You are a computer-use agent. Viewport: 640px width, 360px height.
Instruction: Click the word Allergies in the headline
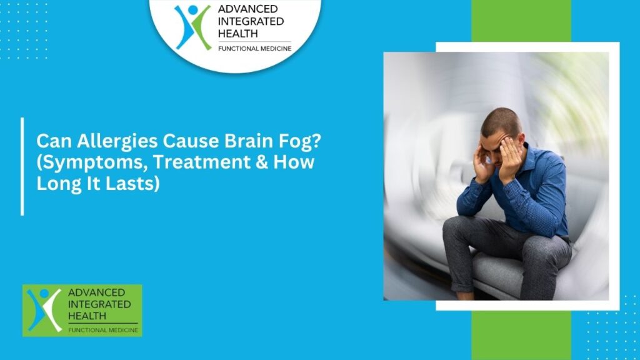[98, 141]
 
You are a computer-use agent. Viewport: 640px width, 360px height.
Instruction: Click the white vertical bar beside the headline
[22, 166]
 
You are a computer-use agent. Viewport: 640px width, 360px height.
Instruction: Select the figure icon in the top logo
[192, 26]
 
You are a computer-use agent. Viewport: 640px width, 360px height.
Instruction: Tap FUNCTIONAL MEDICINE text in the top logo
[254, 48]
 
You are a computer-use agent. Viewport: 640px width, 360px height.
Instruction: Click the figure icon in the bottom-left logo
[43, 310]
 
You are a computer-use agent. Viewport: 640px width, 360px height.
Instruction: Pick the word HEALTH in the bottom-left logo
[87, 316]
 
